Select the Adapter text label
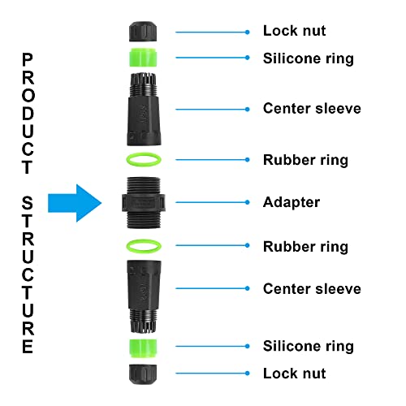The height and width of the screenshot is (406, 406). pyautogui.click(x=292, y=202)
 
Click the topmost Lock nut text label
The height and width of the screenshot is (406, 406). pyautogui.click(x=294, y=32)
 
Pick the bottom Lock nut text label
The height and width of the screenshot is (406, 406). pyautogui.click(x=294, y=374)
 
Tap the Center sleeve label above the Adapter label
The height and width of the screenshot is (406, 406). pyautogui.click(x=312, y=109)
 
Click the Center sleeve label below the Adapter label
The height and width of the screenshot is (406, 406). pyautogui.click(x=312, y=289)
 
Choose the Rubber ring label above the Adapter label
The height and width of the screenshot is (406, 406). pyautogui.click(x=305, y=160)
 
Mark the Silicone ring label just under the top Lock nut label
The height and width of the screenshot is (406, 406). pyautogui.click(x=308, y=58)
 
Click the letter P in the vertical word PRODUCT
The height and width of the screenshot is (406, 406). pyautogui.click(x=28, y=59)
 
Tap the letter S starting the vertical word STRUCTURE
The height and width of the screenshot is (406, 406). pyautogui.click(x=28, y=201)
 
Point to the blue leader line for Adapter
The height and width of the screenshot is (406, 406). pyautogui.click(x=210, y=202)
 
